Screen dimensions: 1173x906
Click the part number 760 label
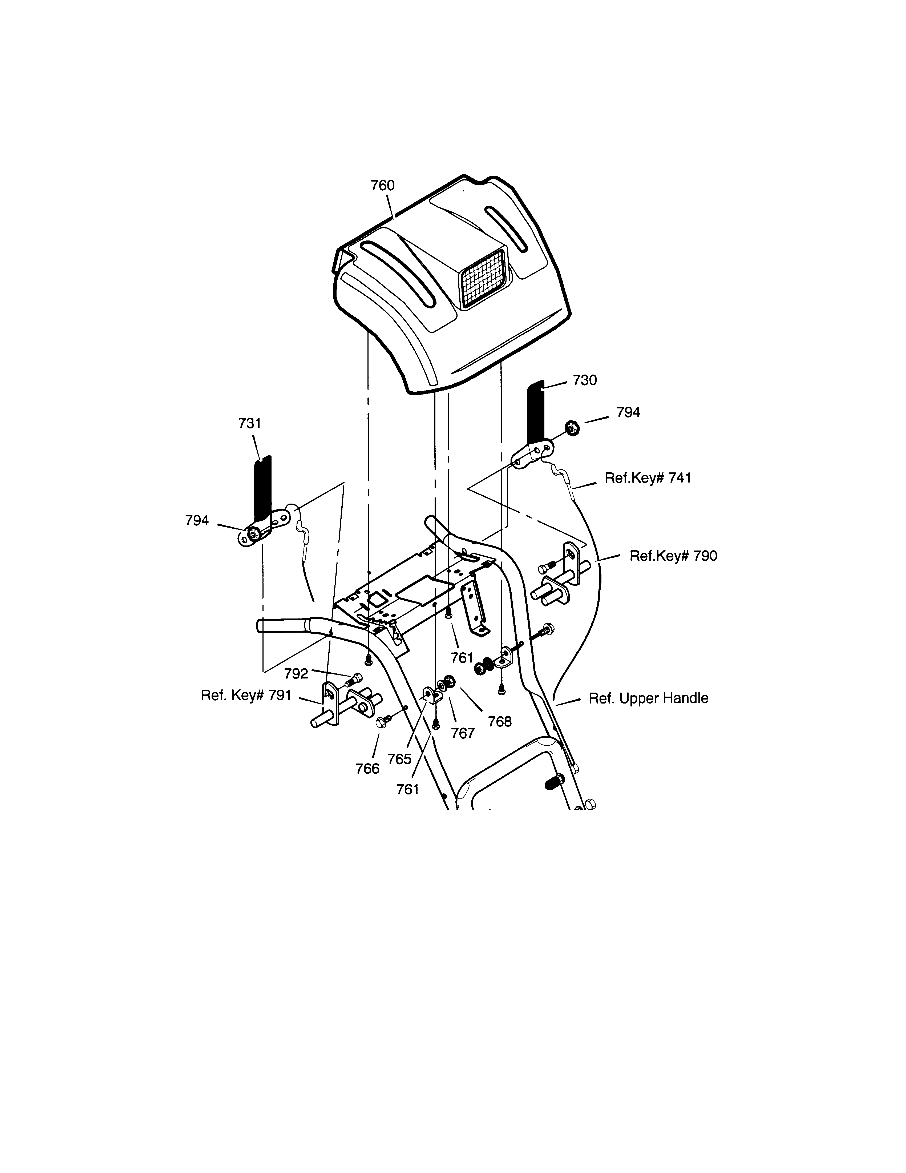coord(383,185)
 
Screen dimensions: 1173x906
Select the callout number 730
coord(584,380)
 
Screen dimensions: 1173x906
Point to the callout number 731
coord(250,423)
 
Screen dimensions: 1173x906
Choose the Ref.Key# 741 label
coord(648,478)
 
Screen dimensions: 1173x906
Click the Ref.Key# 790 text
coord(673,556)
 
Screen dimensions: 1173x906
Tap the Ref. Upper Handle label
coord(648,698)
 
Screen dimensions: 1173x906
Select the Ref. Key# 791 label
coord(246,696)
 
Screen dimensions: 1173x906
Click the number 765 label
coord(399,759)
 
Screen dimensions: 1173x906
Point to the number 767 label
coord(463,733)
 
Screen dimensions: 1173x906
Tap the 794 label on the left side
coord(197,520)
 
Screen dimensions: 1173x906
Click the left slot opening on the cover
coord(397,275)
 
